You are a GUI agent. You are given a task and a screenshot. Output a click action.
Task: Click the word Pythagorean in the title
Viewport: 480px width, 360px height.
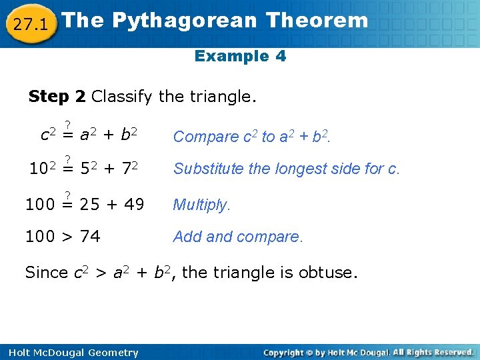[184, 21]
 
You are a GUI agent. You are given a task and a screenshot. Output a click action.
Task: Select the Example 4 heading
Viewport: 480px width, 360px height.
[240, 56]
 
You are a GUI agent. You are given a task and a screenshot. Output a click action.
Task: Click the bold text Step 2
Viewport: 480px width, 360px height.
[57, 97]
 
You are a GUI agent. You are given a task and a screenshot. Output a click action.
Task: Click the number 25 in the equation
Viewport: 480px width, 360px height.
[89, 205]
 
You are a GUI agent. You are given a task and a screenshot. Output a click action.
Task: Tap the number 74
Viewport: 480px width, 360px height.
[89, 237]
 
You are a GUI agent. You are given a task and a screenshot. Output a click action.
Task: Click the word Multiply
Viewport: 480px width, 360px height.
[201, 205]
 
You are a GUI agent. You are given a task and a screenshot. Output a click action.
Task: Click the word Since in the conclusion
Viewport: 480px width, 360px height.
[46, 273]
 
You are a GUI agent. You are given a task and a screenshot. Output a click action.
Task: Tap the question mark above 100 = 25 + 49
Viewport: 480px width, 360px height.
[67, 194]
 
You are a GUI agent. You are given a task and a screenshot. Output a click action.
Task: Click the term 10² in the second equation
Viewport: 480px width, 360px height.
[42, 169]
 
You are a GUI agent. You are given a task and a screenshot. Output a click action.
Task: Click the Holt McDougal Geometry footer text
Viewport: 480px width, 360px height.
[70, 353]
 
